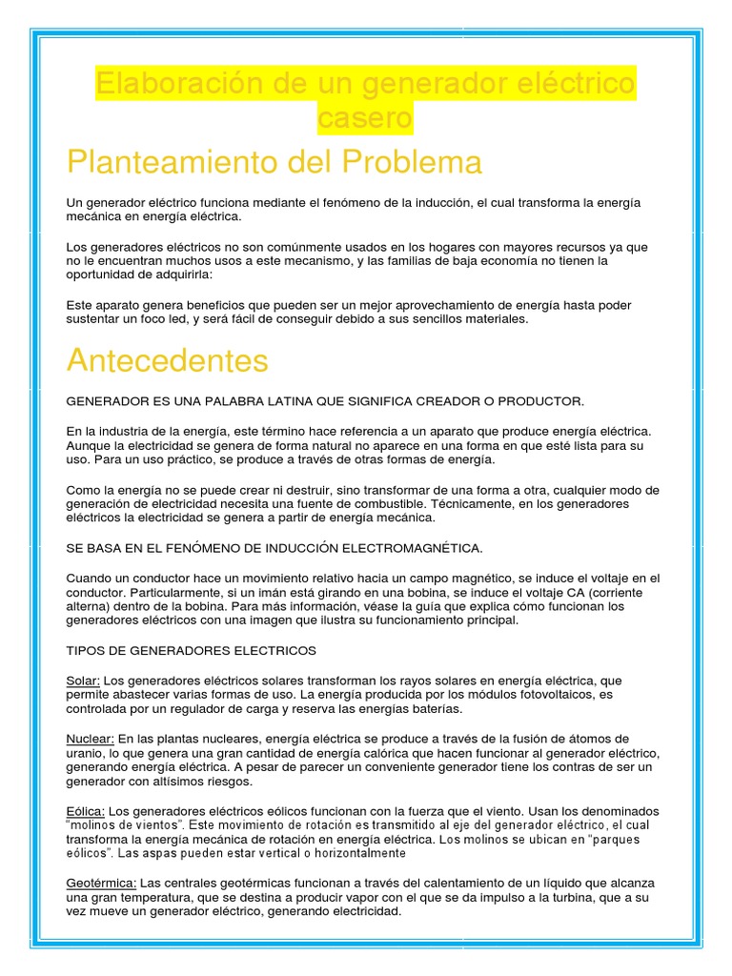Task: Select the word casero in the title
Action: (365, 119)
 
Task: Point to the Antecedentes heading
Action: (167, 361)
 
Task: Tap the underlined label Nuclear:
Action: (91, 739)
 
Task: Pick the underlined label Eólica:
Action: (86, 811)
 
